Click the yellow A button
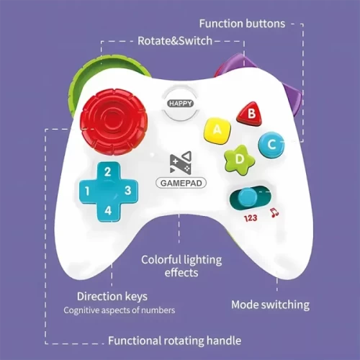tap(217, 130)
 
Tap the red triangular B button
tap(250, 114)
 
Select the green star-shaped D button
tap(239, 159)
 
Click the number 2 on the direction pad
tap(108, 172)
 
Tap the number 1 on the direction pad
tap(87, 192)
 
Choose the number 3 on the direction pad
tap(128, 190)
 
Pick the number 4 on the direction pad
tap(108, 211)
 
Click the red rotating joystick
tap(113, 122)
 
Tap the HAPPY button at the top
tap(181, 104)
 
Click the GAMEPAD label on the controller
tap(181, 183)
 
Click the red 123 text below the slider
tap(251, 218)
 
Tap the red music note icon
tap(274, 212)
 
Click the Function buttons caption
tap(242, 24)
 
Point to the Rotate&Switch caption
tap(175, 41)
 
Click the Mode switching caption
tap(271, 305)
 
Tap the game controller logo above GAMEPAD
tap(181, 162)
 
